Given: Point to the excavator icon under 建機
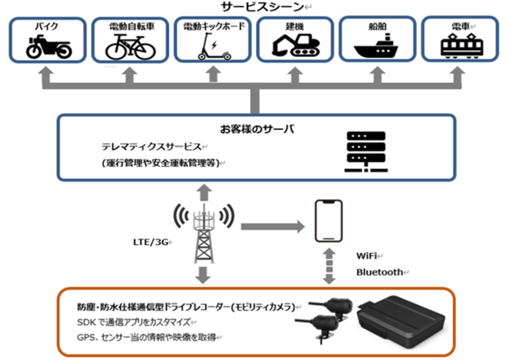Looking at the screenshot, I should click(294, 45).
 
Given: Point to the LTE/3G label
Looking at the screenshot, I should click(150, 243).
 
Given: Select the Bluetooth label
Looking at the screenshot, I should click(379, 272).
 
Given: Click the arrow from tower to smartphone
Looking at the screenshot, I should click(270, 227).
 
